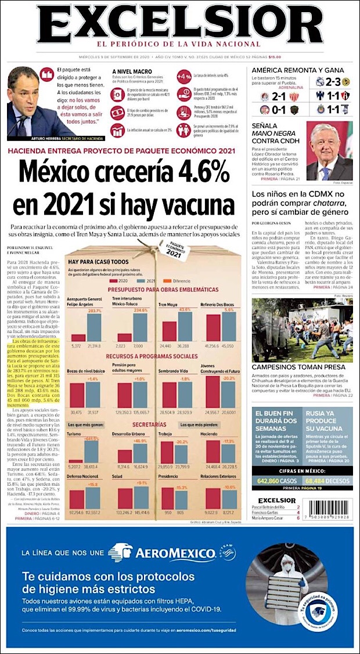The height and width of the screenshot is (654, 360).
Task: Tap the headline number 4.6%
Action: point(186,173)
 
